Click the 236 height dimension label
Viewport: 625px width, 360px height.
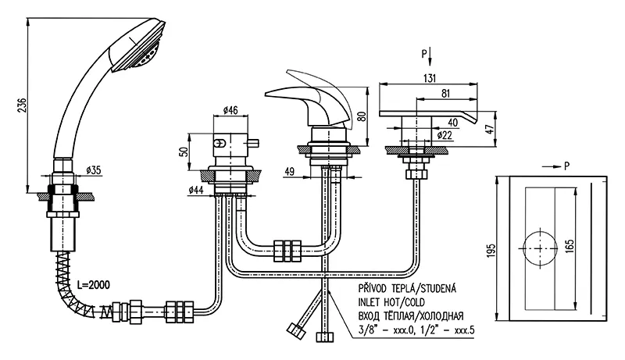pos(23,104)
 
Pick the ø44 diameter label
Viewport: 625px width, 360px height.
pos(195,189)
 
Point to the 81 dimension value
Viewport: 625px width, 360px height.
pos(445,94)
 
